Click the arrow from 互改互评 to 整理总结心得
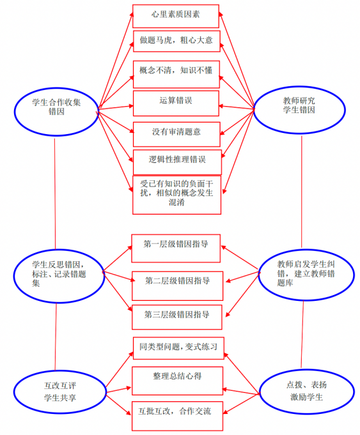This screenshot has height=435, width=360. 118,390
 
